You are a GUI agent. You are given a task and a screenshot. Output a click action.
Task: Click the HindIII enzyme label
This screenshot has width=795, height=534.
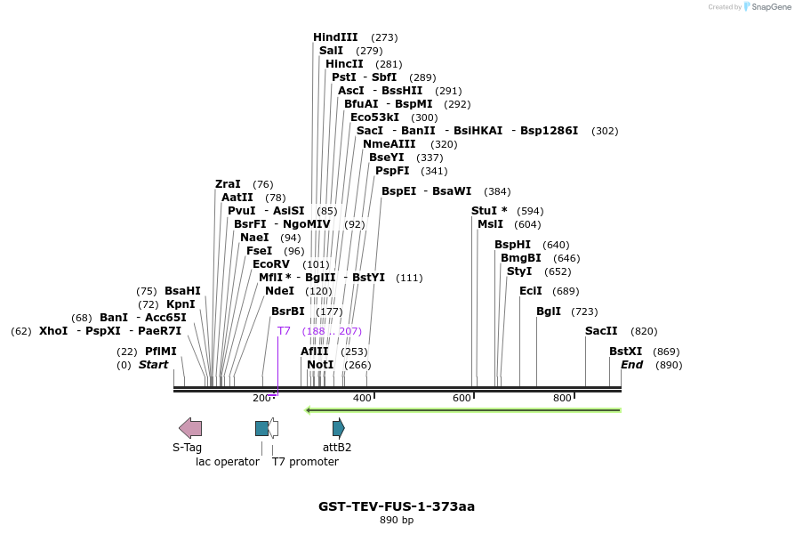pyautogui.click(x=335, y=37)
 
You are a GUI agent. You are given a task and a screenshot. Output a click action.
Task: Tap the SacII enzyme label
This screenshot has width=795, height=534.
pyautogui.click(x=601, y=331)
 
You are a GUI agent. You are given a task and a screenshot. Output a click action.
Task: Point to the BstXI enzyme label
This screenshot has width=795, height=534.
pyautogui.click(x=625, y=352)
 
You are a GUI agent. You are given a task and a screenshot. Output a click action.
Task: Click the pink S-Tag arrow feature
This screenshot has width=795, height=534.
pyautogui.click(x=189, y=428)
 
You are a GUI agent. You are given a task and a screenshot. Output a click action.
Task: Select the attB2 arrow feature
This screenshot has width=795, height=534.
pyautogui.click(x=338, y=428)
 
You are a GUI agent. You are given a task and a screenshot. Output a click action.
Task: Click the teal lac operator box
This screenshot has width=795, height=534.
pyautogui.click(x=261, y=428)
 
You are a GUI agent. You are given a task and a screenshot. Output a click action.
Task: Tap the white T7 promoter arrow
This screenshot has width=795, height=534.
pyautogui.click(x=274, y=428)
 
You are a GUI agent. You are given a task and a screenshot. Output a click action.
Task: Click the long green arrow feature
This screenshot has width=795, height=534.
pyautogui.click(x=462, y=410)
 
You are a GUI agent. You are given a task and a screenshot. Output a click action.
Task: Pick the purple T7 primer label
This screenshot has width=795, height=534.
pyautogui.click(x=284, y=331)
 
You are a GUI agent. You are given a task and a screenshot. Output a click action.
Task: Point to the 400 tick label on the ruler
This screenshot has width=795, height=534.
pyautogui.click(x=362, y=398)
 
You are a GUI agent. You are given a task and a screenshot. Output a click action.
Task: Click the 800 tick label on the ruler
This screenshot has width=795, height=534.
pyautogui.click(x=562, y=398)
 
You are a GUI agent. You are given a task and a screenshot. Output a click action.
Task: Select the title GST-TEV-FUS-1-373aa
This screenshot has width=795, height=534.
pyautogui.click(x=397, y=506)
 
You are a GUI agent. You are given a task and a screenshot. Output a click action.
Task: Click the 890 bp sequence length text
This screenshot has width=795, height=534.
pyautogui.click(x=397, y=521)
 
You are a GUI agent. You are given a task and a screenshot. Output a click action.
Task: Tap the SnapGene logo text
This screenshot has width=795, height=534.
pyautogui.click(x=767, y=7)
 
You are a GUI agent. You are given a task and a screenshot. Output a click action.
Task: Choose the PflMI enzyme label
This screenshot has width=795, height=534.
pyautogui.click(x=161, y=352)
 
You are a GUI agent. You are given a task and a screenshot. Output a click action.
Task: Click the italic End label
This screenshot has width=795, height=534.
pyautogui.click(x=631, y=365)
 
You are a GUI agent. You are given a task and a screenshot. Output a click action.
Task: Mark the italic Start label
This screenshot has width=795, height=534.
pyautogui.click(x=153, y=365)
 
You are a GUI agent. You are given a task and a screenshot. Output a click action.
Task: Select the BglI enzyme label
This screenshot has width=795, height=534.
pyautogui.click(x=549, y=311)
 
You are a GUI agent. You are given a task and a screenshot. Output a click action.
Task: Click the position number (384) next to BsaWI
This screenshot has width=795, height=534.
pyautogui.click(x=497, y=191)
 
